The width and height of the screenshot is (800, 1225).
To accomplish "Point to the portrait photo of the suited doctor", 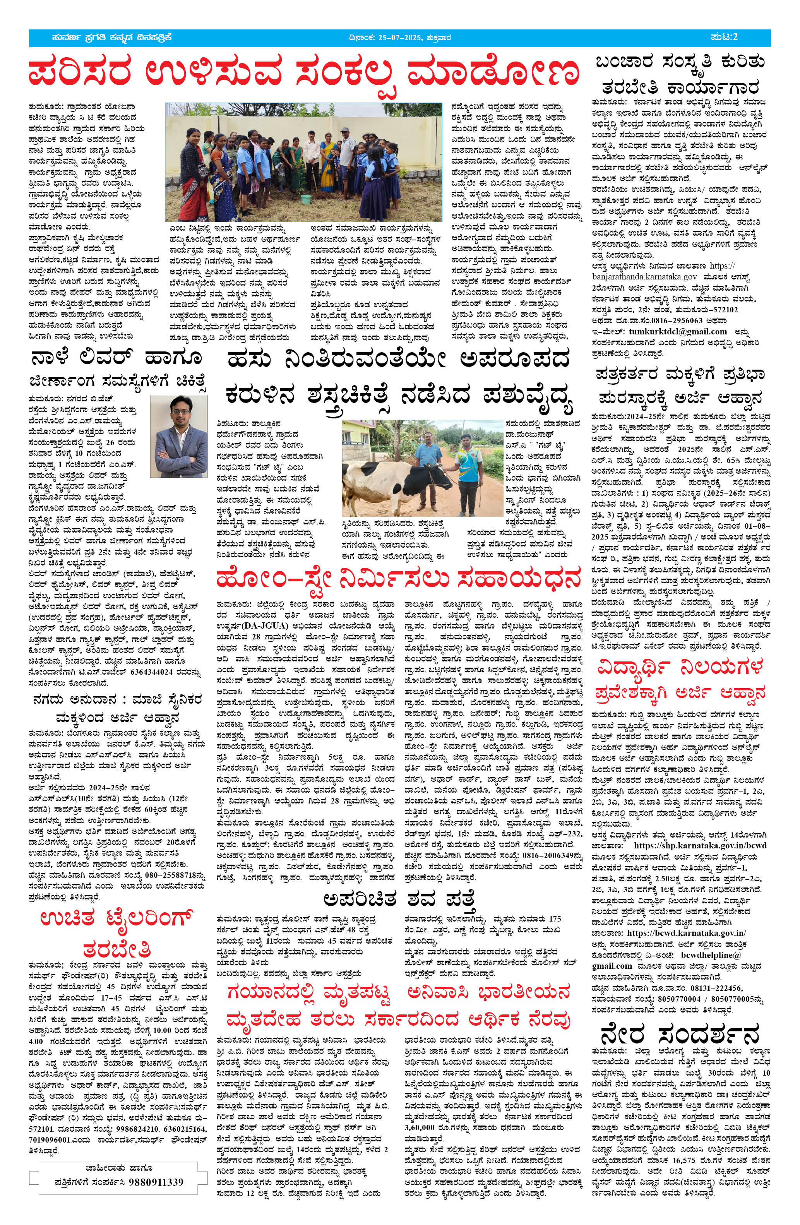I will tap(179, 437).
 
